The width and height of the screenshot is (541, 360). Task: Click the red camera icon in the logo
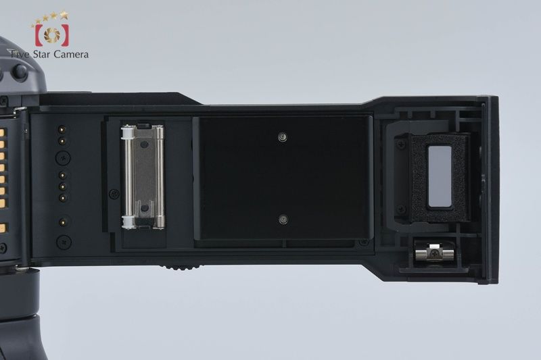click(52, 35)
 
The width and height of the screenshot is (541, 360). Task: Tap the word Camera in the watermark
click(71, 55)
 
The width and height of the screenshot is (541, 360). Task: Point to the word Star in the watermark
click(41, 55)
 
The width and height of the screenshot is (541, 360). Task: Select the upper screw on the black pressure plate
click(283, 138)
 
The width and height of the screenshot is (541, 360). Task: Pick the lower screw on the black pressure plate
click(283, 220)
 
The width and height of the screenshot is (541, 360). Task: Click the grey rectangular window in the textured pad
click(440, 176)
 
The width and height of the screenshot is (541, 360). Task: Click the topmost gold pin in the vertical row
click(62, 129)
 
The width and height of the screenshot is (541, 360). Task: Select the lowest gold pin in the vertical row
click(63, 222)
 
